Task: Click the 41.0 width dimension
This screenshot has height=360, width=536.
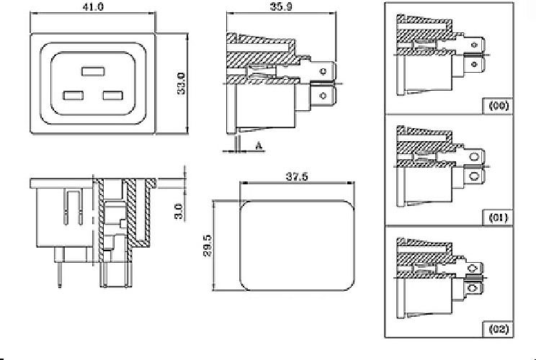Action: (x=94, y=6)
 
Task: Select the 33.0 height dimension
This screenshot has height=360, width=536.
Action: (x=182, y=83)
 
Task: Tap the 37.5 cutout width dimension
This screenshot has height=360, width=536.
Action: (x=295, y=176)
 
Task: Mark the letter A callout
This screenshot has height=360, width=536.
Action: (x=257, y=145)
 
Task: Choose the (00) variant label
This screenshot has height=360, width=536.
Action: (x=499, y=105)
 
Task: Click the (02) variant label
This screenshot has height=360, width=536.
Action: (x=499, y=329)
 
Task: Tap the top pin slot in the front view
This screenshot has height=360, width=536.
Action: (x=93, y=72)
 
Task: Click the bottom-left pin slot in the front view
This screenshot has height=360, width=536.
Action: (x=73, y=95)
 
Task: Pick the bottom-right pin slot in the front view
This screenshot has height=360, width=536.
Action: (x=113, y=95)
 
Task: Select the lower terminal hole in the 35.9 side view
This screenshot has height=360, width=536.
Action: (x=323, y=95)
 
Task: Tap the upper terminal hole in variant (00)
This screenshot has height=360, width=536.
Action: (x=475, y=45)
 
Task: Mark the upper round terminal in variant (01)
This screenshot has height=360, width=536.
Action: (x=474, y=156)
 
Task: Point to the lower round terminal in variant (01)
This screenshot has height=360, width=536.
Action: (x=474, y=176)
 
